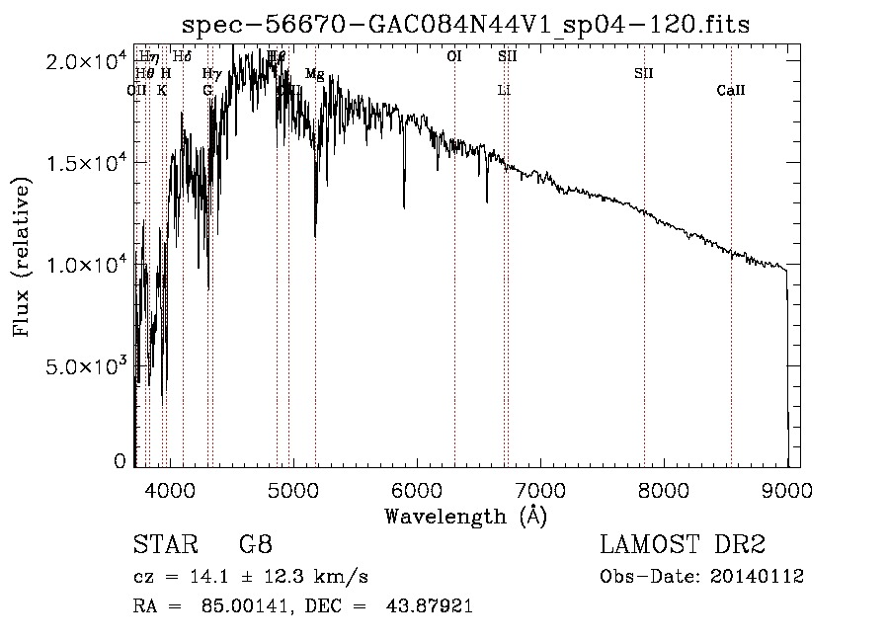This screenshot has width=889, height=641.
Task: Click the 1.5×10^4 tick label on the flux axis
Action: [x=86, y=162]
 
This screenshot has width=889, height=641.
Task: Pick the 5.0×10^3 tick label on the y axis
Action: [x=86, y=366]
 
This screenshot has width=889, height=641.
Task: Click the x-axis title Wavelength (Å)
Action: [x=465, y=516]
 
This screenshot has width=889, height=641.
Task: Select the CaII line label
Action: [x=731, y=91]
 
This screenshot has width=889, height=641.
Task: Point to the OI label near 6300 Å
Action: [x=454, y=57]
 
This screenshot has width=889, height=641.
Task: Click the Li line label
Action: [x=504, y=91]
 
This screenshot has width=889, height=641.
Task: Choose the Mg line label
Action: [x=314, y=74]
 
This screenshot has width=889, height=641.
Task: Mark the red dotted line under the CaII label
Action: [x=731, y=296]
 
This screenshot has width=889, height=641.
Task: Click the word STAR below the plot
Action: [x=161, y=545]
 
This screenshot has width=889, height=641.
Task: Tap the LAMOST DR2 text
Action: [x=683, y=545]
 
